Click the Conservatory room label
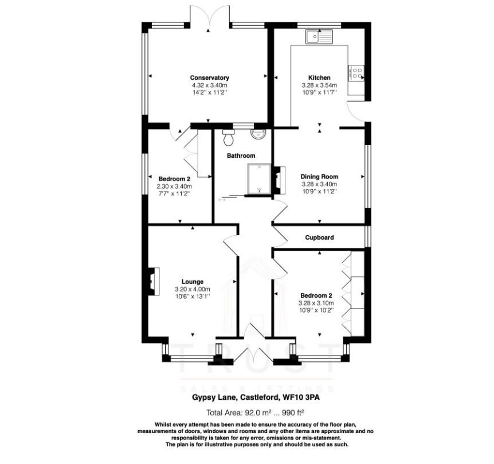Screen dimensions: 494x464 click(x=210, y=77)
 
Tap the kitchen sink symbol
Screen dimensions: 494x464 click(x=319, y=37)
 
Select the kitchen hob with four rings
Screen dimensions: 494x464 click(x=356, y=73)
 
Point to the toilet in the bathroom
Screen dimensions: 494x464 click(x=228, y=138)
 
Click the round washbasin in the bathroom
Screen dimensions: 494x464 click(x=258, y=134)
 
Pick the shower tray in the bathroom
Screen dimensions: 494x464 click(x=259, y=179)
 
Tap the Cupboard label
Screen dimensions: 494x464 click(x=319, y=237)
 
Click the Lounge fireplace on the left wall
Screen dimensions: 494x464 click(x=154, y=281)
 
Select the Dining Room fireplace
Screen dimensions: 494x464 click(x=279, y=180)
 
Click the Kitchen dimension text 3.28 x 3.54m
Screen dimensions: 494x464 click(x=319, y=85)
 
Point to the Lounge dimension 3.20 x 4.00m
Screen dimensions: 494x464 click(x=193, y=289)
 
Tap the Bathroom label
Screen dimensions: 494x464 click(x=241, y=155)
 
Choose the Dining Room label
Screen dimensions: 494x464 click(x=319, y=177)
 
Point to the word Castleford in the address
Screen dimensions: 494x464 click(x=260, y=397)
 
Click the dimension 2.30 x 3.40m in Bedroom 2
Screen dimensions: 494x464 click(x=174, y=186)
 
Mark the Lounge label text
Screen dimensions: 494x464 click(x=193, y=282)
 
